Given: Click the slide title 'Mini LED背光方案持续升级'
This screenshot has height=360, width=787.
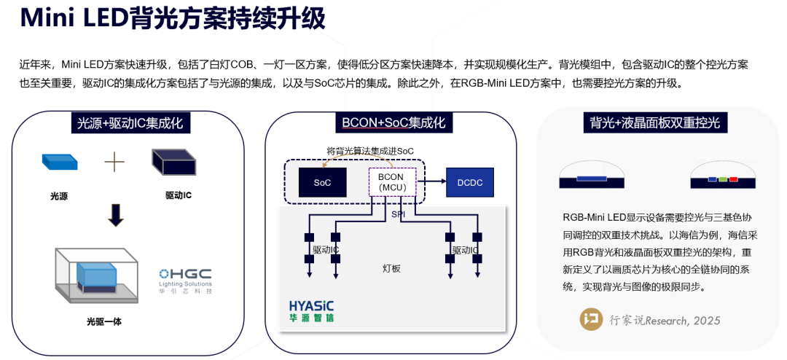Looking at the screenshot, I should click(172, 20).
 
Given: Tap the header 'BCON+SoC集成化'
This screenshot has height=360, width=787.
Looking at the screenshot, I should click(393, 122).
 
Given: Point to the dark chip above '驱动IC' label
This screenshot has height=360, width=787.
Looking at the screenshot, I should click(173, 161).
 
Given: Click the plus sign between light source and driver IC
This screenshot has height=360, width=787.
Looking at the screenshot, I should click(115, 161).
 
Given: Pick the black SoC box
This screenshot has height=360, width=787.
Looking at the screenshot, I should click(322, 182).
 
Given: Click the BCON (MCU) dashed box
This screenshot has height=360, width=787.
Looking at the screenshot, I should click(392, 182).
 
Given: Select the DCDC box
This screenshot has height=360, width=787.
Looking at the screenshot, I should click(469, 182).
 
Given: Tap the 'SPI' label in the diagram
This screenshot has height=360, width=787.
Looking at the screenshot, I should click(398, 214).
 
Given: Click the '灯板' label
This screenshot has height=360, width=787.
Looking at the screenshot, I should click(392, 268).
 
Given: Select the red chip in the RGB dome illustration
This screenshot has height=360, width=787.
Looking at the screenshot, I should click(733, 179).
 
